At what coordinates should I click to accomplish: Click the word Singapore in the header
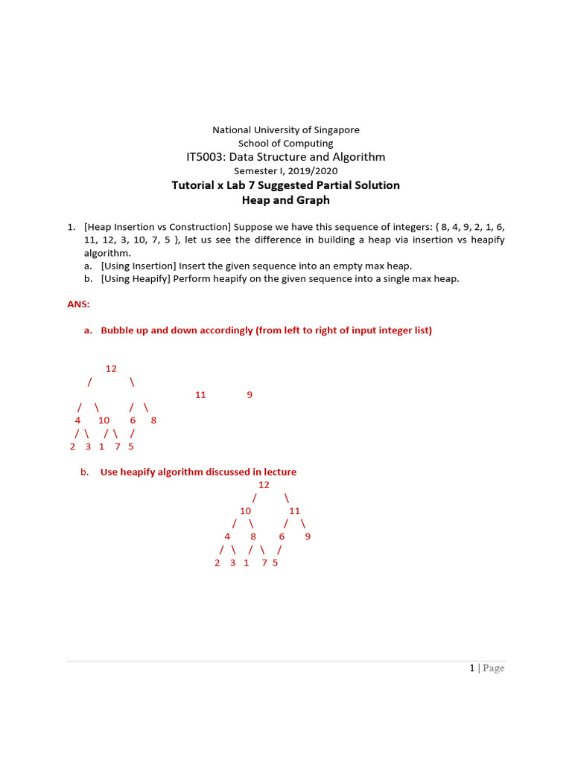[334, 129]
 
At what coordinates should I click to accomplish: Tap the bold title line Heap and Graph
[286, 200]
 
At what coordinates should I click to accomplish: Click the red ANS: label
[78, 304]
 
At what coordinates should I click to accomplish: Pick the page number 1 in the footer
[472, 668]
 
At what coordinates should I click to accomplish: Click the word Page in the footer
[493, 668]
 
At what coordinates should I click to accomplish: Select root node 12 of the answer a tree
[111, 368]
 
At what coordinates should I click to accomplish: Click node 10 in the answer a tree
[104, 420]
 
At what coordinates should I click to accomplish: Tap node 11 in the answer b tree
[294, 510]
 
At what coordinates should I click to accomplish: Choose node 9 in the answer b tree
[308, 537]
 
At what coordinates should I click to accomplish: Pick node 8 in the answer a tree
[153, 420]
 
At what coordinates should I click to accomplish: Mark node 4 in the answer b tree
[227, 537]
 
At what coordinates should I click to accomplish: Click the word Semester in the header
[255, 171]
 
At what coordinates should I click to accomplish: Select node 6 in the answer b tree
[282, 537]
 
